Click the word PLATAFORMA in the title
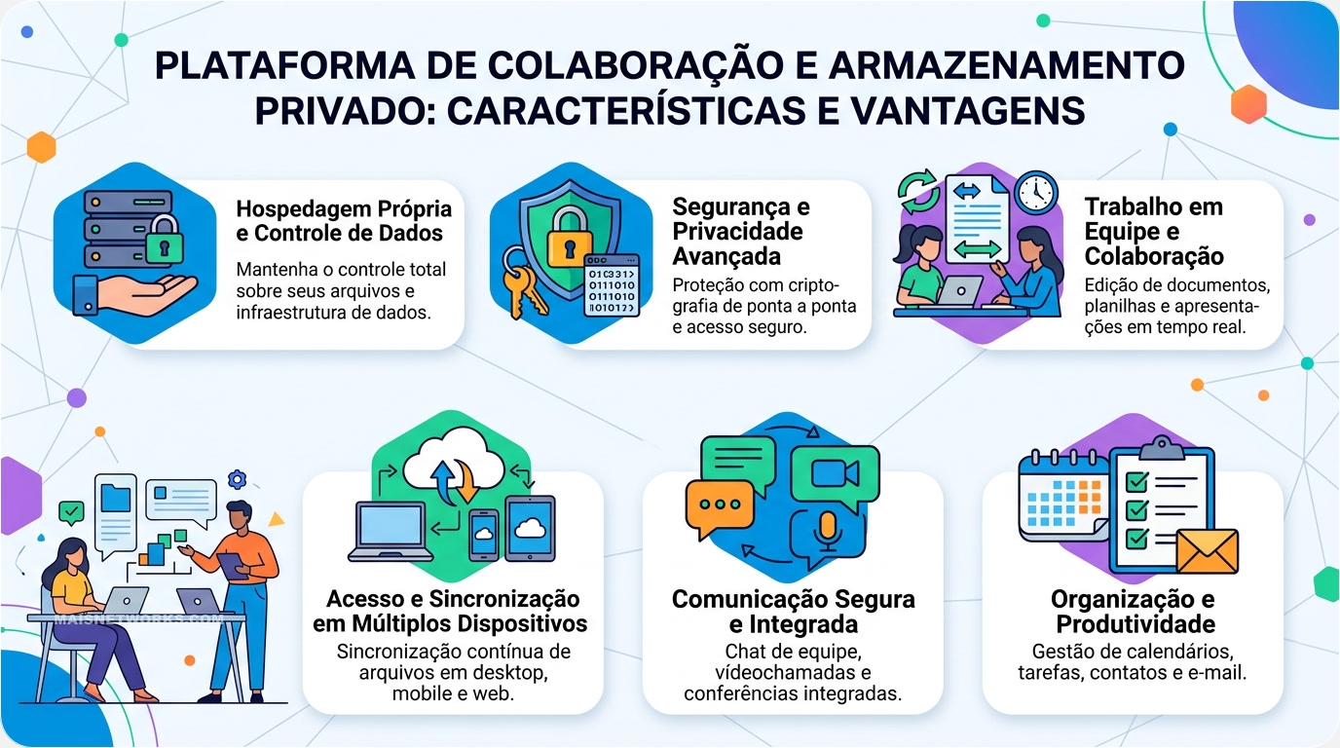click(x=285, y=65)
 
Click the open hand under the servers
click(x=134, y=293)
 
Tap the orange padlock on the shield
click(x=569, y=238)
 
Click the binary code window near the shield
click(x=612, y=285)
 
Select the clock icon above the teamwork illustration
click(x=1036, y=193)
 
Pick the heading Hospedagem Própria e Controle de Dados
click(x=344, y=221)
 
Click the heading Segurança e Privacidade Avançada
click(x=740, y=231)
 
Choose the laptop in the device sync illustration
click(x=391, y=532)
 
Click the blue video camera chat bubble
click(x=836, y=476)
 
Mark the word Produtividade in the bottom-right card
click(x=1135, y=624)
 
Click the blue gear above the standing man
click(x=238, y=479)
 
